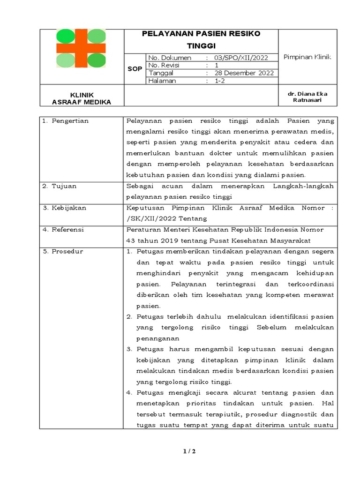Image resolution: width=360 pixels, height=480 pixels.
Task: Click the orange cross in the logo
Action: (81, 48)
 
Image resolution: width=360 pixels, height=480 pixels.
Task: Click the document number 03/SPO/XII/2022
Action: (241, 58)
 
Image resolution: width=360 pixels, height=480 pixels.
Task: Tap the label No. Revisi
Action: (164, 65)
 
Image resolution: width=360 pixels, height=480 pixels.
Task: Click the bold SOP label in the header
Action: (135, 69)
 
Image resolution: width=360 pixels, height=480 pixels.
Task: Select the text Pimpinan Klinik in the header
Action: (307, 57)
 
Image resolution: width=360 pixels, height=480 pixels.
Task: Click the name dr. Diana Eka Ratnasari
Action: (307, 97)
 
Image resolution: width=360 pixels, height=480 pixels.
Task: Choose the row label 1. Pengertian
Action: (65, 121)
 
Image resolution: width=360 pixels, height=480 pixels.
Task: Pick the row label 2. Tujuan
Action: (59, 186)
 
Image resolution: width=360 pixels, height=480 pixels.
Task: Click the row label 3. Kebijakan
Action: (64, 208)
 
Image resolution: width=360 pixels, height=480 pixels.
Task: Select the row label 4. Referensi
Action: (63, 230)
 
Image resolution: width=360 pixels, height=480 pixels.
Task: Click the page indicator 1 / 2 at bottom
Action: (188, 451)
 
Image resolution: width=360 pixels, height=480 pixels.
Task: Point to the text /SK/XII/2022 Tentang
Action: (166, 218)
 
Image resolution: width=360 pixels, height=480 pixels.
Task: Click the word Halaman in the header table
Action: (162, 81)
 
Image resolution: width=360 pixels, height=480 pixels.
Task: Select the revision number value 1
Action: (217, 65)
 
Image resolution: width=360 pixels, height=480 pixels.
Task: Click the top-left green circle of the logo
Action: (65, 36)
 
